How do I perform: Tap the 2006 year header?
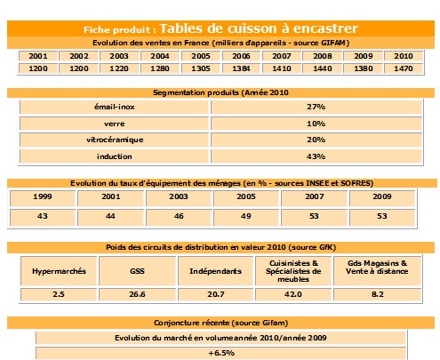(x=241, y=55)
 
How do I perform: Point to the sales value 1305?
(x=200, y=68)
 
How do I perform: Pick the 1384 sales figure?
(x=241, y=68)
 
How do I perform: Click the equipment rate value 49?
(x=247, y=217)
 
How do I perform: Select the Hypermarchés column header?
(x=59, y=269)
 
